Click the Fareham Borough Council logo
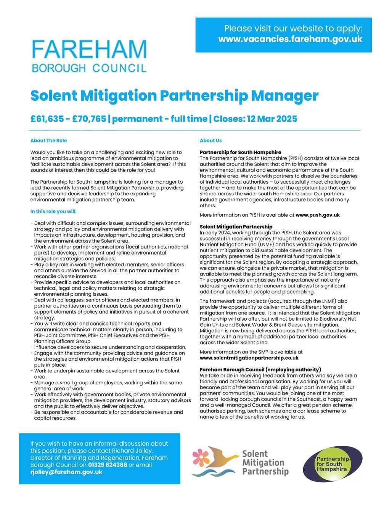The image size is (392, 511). click(x=89, y=56)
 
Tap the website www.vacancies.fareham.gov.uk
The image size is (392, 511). click(x=290, y=39)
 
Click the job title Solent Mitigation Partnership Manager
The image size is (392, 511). click(x=174, y=95)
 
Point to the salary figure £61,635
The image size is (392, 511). click(x=47, y=119)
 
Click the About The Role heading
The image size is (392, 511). click(x=48, y=140)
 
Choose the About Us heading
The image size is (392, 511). click(x=210, y=140)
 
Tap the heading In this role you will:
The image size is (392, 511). click(x=53, y=211)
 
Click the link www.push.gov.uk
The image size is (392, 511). click(x=317, y=215)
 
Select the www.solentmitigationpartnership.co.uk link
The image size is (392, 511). click(x=249, y=358)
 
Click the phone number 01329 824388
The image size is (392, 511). click(x=108, y=465)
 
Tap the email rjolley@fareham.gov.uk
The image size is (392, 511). click(x=66, y=472)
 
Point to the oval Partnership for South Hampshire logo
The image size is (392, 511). click(x=333, y=464)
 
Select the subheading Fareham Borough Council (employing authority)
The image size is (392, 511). click(x=260, y=369)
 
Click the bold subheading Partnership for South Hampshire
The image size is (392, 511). click(x=240, y=152)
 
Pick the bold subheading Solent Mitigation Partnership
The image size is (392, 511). click(x=236, y=227)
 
